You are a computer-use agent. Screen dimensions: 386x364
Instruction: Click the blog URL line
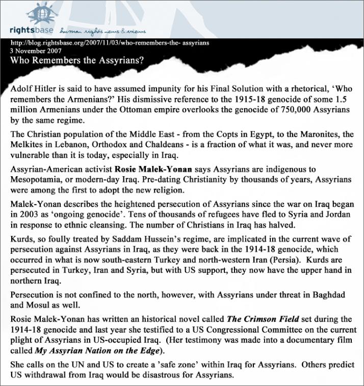click(110, 43)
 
